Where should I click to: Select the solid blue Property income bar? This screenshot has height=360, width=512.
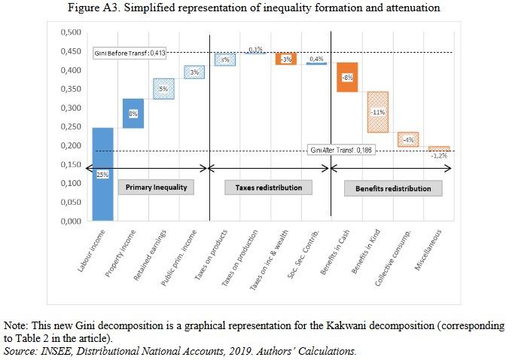[x=133, y=113]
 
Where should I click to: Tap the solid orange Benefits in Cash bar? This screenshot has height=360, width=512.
[x=347, y=77]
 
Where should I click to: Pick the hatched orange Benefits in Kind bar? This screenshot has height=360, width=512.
[x=378, y=112]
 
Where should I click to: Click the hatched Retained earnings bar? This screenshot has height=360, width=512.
[x=164, y=89]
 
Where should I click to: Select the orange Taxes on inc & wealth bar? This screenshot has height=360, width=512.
[x=286, y=59]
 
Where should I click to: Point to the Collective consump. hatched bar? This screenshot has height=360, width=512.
[x=409, y=139]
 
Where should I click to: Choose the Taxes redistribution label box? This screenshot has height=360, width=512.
[x=264, y=188]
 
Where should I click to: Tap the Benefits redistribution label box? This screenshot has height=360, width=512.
[x=393, y=188]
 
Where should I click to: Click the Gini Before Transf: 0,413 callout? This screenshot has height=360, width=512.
[x=130, y=53]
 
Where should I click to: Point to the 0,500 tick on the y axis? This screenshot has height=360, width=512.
[x=70, y=32]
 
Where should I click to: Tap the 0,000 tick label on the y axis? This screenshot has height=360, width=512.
[x=70, y=221]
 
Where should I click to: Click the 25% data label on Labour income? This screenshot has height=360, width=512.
[x=102, y=175]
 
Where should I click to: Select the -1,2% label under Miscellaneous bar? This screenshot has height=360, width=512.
[x=440, y=156]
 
